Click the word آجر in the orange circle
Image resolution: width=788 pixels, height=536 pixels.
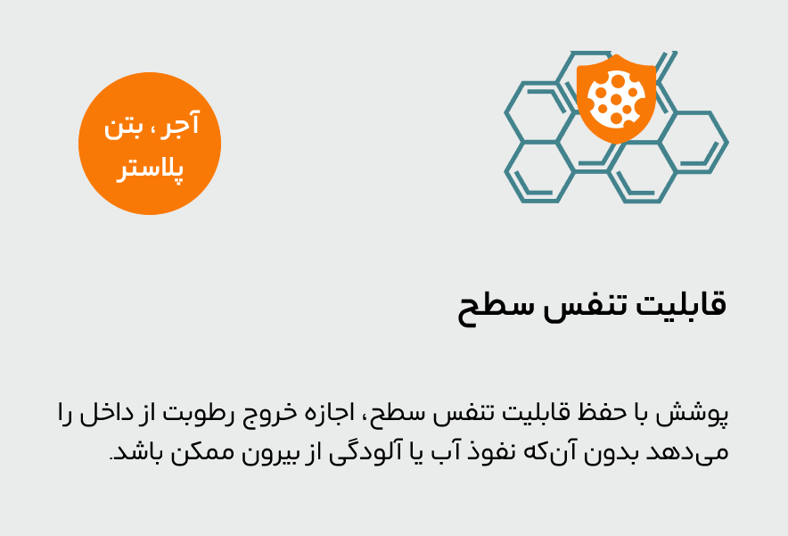184,124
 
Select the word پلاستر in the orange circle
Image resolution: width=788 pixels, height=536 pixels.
150,169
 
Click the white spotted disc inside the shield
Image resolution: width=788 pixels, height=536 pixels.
616,98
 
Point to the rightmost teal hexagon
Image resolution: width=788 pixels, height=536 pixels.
694,143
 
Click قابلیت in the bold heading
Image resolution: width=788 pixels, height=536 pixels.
681,305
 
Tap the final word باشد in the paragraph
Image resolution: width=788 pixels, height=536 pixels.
135,452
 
